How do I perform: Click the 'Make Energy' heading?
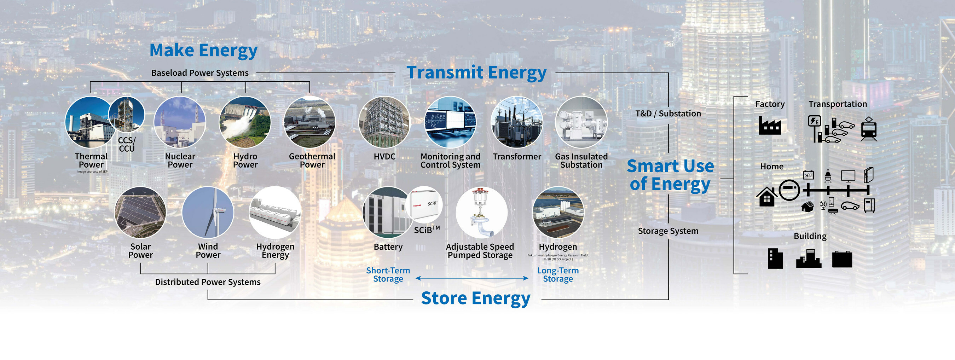click(x=203, y=51)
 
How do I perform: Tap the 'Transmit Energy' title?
click(x=477, y=72)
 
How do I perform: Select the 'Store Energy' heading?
click(x=476, y=298)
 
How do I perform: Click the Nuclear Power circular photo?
click(x=180, y=122)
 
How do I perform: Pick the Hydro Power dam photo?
click(x=245, y=122)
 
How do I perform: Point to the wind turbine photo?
click(x=208, y=212)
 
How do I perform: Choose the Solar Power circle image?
click(x=140, y=212)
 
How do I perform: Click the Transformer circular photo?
click(x=517, y=122)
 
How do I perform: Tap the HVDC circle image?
click(x=384, y=122)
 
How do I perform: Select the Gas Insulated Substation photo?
click(x=581, y=122)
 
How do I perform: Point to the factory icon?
click(x=770, y=125)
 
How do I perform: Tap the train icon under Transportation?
click(x=869, y=129)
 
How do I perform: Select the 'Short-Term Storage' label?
click(x=388, y=275)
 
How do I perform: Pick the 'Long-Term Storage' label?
click(x=558, y=275)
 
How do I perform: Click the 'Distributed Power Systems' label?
click(x=208, y=282)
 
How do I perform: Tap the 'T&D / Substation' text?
click(x=668, y=114)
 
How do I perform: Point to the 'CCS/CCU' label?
click(x=127, y=145)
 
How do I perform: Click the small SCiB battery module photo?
click(x=424, y=205)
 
